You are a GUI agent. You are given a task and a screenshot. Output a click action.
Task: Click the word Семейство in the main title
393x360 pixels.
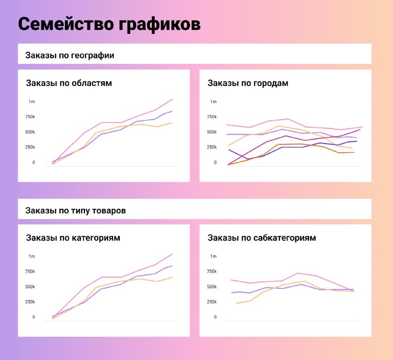coord(66,24)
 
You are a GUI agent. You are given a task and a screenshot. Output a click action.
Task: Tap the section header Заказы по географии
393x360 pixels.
coord(70,55)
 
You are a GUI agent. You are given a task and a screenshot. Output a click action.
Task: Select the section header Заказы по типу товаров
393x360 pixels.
coord(76,211)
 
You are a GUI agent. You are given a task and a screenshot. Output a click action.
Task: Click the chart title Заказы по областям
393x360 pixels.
coord(69,83)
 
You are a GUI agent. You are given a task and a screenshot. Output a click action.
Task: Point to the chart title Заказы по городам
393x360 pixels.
coord(248,83)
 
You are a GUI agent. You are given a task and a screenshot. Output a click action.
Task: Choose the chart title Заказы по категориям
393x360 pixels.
coord(73,238)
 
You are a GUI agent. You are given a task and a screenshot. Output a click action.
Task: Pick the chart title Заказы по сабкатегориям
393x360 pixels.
coord(262,238)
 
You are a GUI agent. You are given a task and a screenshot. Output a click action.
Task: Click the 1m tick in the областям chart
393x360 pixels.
coord(31,102)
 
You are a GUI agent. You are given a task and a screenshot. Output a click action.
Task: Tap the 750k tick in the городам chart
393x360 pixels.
coord(212,117)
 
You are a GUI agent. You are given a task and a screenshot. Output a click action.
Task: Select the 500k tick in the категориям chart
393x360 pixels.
coord(30,287)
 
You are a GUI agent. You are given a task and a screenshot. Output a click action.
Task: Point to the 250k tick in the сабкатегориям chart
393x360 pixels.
coord(212,302)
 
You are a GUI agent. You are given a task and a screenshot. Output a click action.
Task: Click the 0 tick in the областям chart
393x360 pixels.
coord(33,163)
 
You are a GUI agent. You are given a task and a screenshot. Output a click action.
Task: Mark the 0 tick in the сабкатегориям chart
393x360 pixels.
coord(215,317)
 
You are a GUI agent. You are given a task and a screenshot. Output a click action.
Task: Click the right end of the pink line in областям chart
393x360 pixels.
coord(172,99)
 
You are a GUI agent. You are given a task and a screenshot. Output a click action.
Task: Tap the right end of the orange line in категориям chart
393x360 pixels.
coord(171,277)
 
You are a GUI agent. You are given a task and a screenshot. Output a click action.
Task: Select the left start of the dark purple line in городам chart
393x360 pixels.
coord(228,150)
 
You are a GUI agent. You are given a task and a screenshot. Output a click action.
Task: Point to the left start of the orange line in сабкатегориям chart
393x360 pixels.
coord(236,304)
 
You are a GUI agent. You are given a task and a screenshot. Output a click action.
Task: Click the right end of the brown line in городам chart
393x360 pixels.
coord(354,152)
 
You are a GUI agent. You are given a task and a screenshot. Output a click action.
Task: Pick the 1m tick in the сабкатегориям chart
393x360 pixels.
coord(213,256)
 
